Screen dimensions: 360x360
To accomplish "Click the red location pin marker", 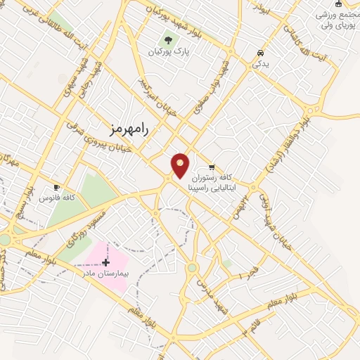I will click(181, 166).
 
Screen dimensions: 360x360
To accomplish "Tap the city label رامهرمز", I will click(131, 127).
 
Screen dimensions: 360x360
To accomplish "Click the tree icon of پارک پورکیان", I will click(169, 40).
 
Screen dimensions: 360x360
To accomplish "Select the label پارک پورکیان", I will click(169, 52).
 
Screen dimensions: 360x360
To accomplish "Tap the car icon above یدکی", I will click(261, 53).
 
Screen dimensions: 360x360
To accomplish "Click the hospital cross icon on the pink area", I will click(106, 263).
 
